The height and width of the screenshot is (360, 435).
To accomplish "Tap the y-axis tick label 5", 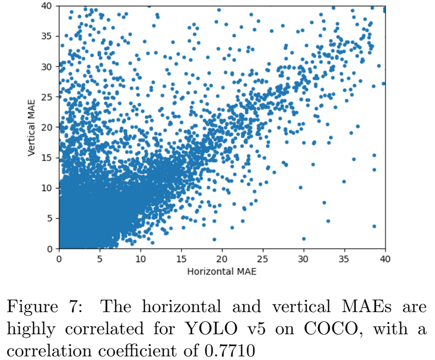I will tap(50, 218).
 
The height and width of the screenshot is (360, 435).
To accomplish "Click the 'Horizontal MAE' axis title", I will tap(222, 271).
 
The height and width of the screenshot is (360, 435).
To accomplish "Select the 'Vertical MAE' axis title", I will tap(31, 127).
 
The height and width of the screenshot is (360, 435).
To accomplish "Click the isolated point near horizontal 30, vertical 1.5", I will tap(304, 239).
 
